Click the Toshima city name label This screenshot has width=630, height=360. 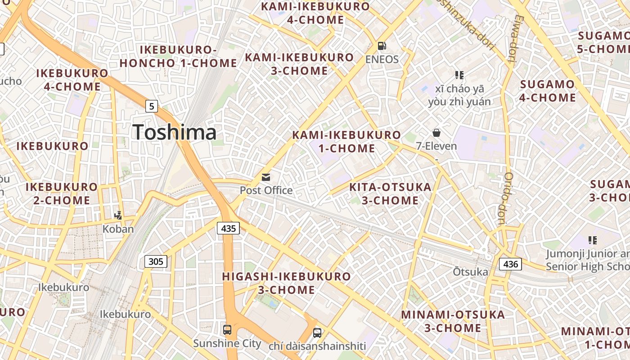(175, 132)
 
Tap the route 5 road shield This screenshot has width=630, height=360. (152, 106)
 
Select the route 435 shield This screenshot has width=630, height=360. (229, 228)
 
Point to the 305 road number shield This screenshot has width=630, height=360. (156, 261)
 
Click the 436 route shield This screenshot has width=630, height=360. (511, 264)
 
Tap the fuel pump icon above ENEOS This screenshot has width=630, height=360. (382, 46)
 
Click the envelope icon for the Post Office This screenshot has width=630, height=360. (266, 177)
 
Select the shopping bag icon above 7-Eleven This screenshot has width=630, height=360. (436, 133)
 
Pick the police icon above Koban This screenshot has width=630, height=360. (118, 216)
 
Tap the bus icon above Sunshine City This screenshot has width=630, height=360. (227, 330)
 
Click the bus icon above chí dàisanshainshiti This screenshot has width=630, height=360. (317, 333)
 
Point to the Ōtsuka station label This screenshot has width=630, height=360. (470, 272)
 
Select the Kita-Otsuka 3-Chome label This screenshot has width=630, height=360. (390, 193)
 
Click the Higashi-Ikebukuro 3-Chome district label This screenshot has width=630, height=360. (287, 283)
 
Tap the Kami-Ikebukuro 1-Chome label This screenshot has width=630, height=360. (346, 141)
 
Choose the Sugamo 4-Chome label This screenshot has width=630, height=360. (548, 90)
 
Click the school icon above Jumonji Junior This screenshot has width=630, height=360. (592, 240)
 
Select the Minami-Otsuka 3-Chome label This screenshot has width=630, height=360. (453, 321)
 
